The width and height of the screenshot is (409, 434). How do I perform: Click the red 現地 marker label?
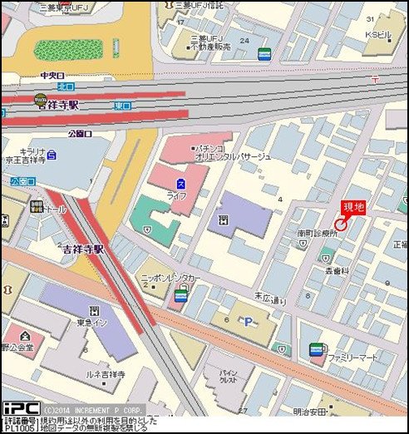(353, 208)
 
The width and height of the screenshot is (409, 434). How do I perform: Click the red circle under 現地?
(341, 224)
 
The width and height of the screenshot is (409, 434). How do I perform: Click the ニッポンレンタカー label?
(171, 278)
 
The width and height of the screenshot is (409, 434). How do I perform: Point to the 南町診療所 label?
(318, 234)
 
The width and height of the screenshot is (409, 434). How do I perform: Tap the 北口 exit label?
(66, 86)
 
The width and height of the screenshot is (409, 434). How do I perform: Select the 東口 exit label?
(122, 106)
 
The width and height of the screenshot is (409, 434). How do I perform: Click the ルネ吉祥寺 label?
(106, 375)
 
